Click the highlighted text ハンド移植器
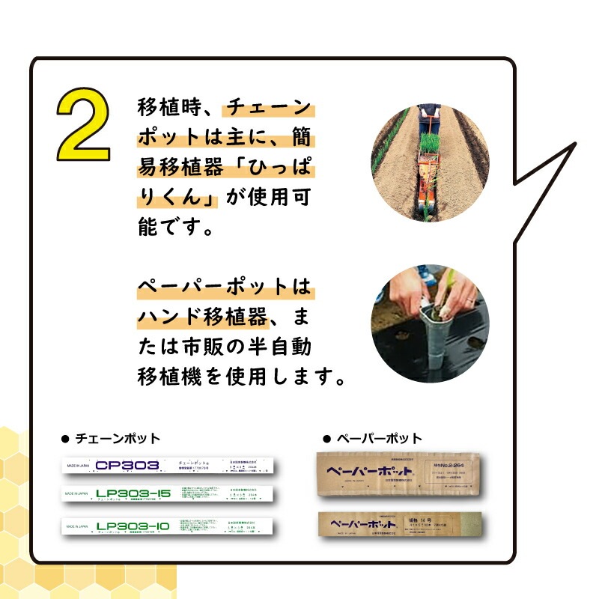point(202,317)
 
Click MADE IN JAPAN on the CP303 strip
point(77,465)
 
